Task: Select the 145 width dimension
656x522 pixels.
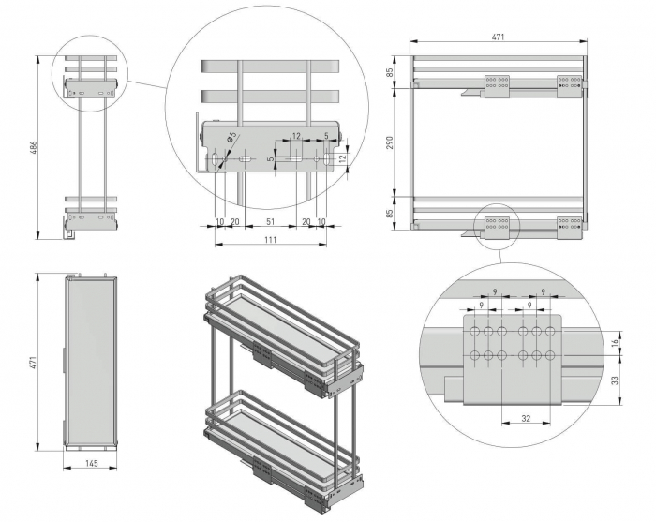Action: (x=90, y=463)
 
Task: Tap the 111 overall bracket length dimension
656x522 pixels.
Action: (x=270, y=241)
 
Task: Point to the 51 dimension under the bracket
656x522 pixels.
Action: (x=270, y=222)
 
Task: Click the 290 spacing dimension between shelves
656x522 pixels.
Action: (x=390, y=142)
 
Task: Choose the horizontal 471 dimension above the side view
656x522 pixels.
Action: (x=499, y=37)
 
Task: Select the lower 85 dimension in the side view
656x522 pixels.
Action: (x=390, y=213)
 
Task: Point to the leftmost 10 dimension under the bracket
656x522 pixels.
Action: (x=219, y=222)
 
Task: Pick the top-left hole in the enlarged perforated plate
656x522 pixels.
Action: (x=476, y=333)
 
